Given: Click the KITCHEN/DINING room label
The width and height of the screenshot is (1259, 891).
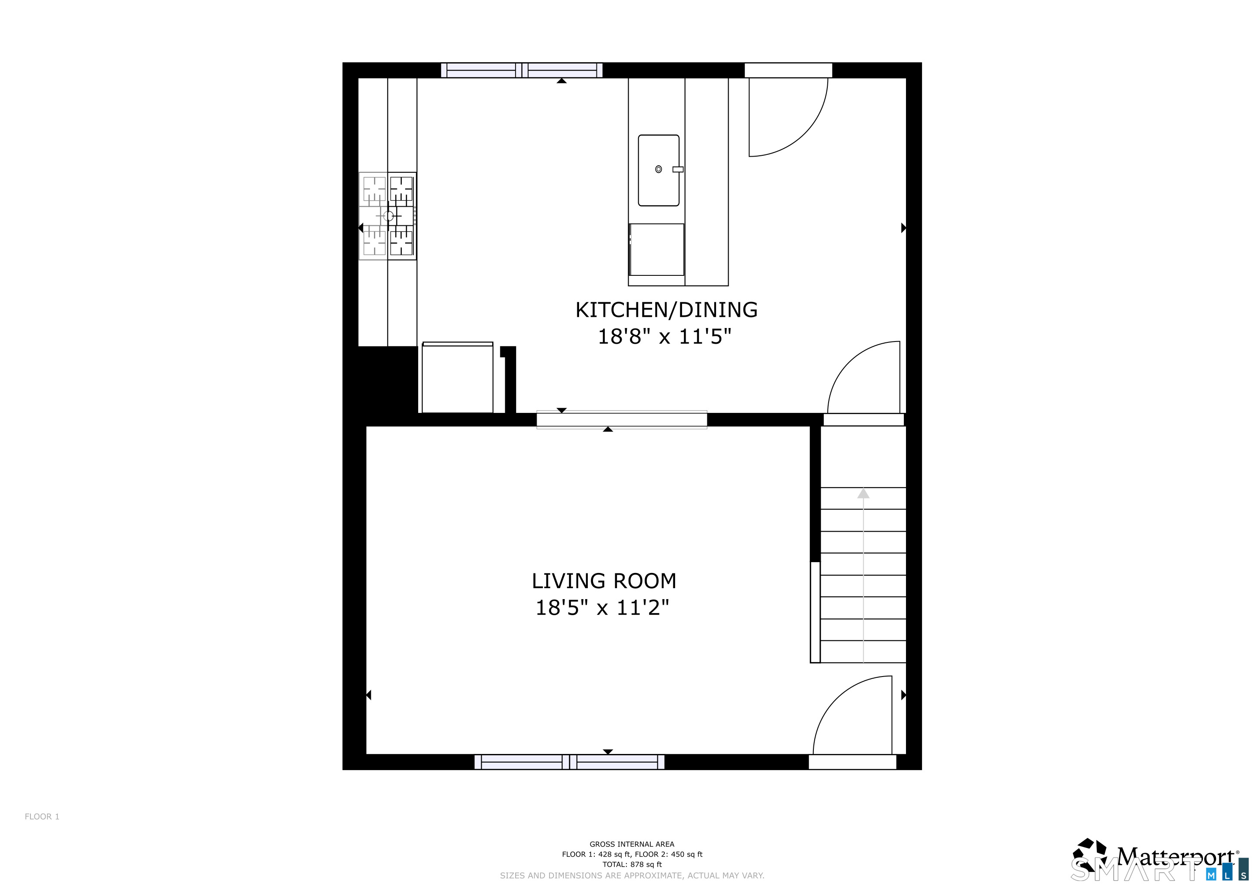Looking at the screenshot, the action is [666, 310].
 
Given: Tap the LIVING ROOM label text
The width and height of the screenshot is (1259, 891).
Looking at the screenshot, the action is [604, 581].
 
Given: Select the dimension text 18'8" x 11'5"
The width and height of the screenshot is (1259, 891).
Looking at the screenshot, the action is [665, 336].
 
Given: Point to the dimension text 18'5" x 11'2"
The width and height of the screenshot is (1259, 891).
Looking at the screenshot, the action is [602, 607].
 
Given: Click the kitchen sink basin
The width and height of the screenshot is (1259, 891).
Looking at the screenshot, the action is [659, 170].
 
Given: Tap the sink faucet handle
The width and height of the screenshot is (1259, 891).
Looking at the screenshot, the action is [678, 170].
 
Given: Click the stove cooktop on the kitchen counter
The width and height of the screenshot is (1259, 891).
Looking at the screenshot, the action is [388, 216].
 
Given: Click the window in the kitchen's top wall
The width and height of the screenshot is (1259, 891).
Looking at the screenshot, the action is [522, 70].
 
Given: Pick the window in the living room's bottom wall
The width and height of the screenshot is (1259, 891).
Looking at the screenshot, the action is [569, 762].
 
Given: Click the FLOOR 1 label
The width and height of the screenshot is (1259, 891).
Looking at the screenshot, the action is [42, 816].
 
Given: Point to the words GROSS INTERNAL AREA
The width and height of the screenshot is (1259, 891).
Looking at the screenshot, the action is [632, 844].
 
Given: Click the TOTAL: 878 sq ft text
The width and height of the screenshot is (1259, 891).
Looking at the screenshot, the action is [632, 864].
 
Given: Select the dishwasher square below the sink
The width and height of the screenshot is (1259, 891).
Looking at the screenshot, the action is [656, 249].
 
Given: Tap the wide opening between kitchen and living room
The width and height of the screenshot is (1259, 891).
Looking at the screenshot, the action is [621, 420].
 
